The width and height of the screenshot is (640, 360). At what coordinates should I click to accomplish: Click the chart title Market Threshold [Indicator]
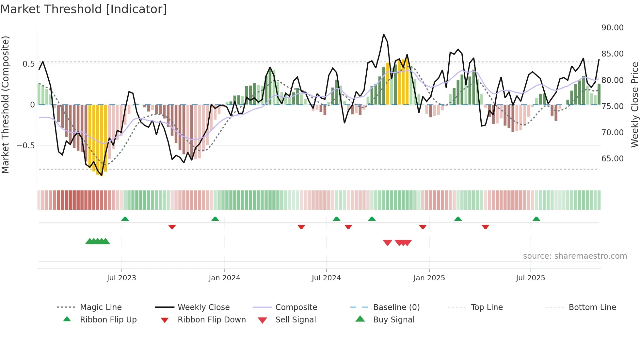click(84, 9)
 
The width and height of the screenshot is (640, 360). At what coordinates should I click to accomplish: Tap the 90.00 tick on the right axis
click(612, 28)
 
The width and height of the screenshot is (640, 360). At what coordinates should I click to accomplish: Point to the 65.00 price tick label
click(612, 159)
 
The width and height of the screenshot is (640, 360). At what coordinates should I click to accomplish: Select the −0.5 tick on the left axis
click(26, 146)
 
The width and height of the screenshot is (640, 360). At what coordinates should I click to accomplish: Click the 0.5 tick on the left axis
click(28, 64)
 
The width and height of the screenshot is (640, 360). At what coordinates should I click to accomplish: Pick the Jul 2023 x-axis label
click(121, 278)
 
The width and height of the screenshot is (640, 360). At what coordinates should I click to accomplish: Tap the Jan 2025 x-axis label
click(429, 278)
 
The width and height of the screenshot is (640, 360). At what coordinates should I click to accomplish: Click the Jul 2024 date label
click(326, 278)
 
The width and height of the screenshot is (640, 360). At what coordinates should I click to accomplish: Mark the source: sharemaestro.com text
click(575, 256)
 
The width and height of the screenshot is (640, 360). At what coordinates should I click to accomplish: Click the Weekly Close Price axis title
click(634, 105)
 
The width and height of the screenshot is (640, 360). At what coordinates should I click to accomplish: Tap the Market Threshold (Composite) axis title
click(5, 105)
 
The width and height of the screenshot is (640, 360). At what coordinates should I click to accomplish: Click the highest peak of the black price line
click(384, 34)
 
